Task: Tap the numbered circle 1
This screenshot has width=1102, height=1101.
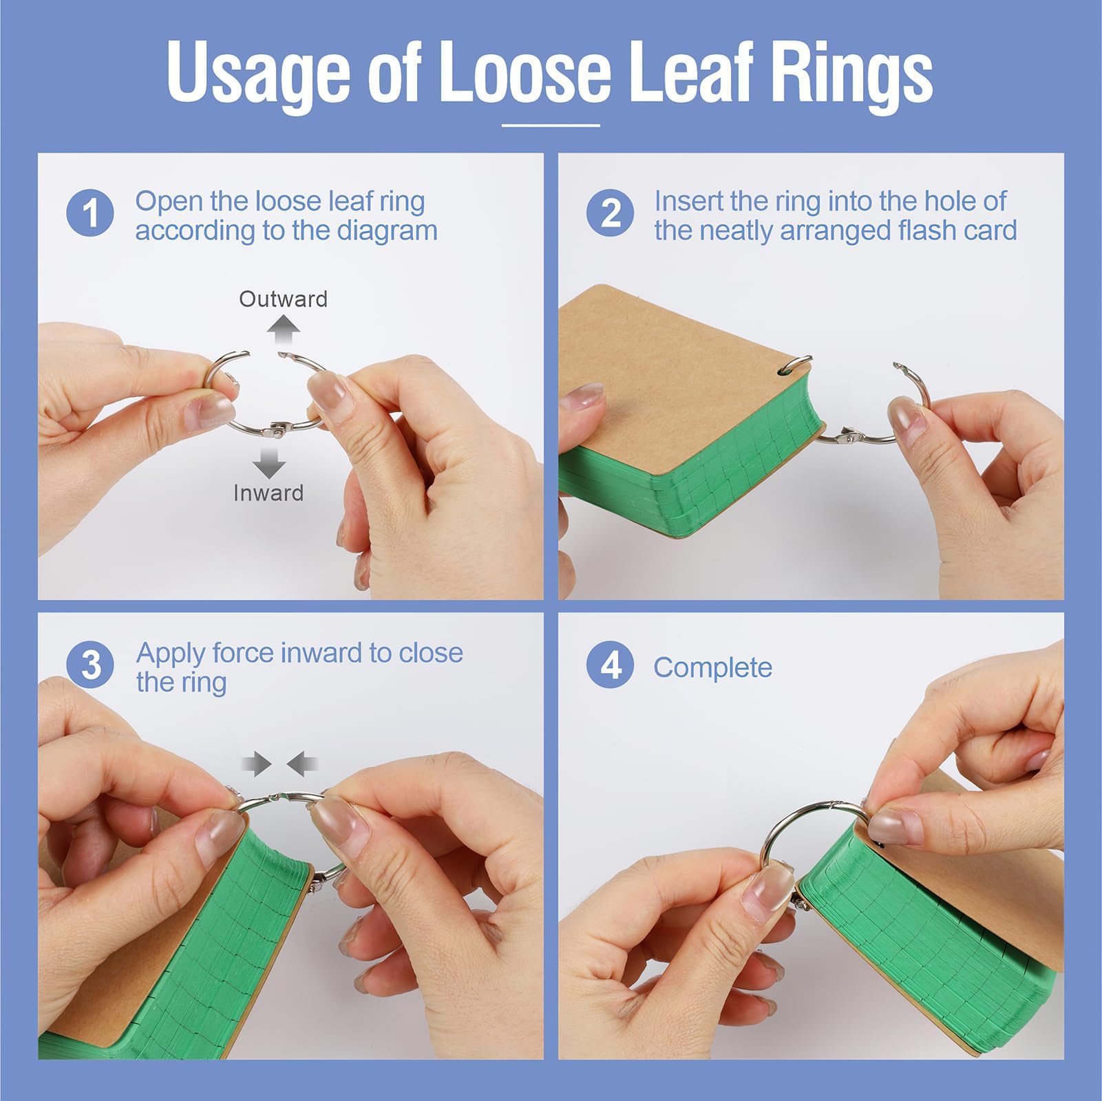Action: click(x=90, y=213)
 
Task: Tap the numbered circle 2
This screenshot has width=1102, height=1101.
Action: click(x=610, y=213)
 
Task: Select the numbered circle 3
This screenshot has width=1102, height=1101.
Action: click(x=90, y=665)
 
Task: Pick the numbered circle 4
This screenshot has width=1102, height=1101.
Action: click(x=610, y=665)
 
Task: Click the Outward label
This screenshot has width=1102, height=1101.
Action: click(x=283, y=299)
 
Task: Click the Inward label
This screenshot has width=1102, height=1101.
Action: click(x=268, y=493)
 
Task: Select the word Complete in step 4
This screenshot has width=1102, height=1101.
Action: click(x=712, y=667)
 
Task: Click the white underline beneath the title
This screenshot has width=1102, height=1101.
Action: click(x=551, y=126)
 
